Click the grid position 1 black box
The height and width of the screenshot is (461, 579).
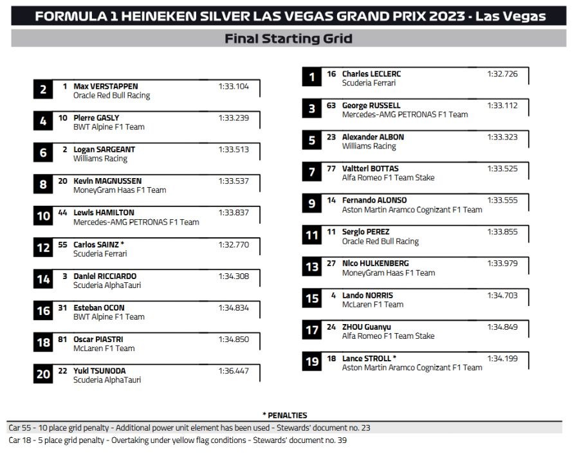(x=312, y=78)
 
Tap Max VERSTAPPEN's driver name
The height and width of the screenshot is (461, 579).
(x=106, y=86)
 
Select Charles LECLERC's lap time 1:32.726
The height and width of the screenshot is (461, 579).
(x=502, y=74)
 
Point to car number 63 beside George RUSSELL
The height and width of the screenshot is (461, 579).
(x=331, y=105)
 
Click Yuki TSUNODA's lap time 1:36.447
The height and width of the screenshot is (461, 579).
(x=234, y=371)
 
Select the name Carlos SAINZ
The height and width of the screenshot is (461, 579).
(x=98, y=244)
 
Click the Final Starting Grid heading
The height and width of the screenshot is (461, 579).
(x=288, y=39)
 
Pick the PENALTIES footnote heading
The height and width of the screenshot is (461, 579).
(x=285, y=415)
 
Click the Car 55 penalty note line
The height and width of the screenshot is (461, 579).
(x=189, y=428)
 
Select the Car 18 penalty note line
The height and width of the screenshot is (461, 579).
(x=178, y=440)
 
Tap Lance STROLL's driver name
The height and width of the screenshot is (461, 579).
(x=369, y=358)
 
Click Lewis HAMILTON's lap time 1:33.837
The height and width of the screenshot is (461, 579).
(x=234, y=213)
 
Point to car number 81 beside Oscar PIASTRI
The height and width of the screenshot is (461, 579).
(x=62, y=339)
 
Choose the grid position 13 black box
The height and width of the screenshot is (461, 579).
(x=312, y=267)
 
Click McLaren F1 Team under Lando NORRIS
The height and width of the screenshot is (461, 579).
(x=372, y=305)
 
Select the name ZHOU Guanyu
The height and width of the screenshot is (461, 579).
(x=366, y=327)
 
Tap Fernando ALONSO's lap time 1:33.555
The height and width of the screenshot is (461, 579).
(x=502, y=200)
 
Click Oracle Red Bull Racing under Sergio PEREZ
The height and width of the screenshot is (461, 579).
(x=380, y=242)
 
